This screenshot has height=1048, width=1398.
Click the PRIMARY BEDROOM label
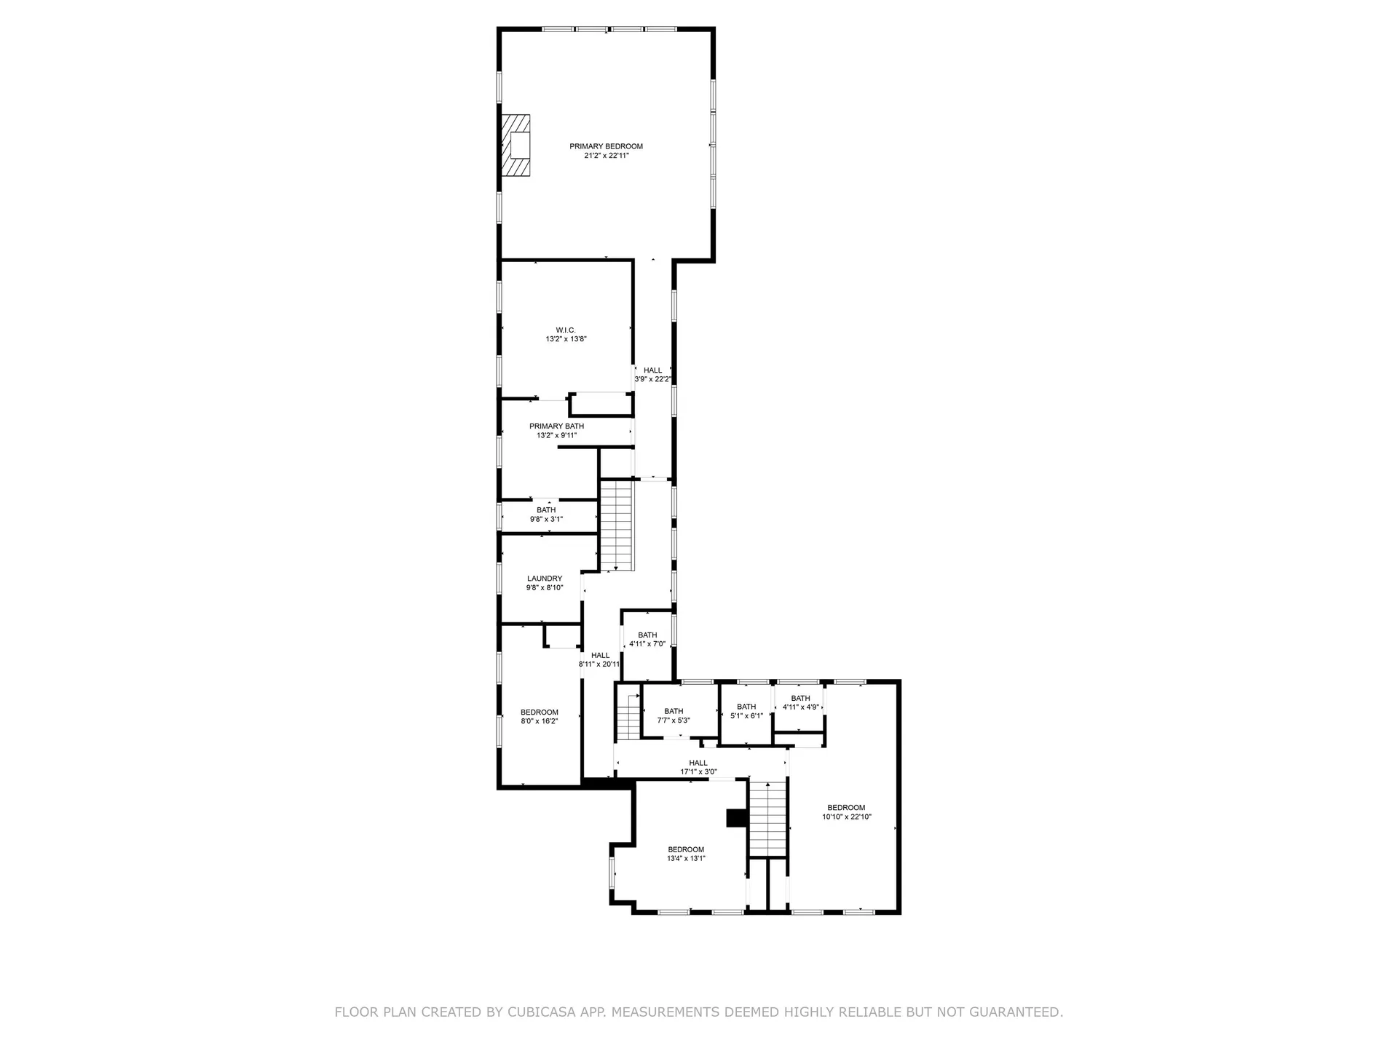pyautogui.click(x=606, y=146)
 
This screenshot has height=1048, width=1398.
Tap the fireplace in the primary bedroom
pyautogui.click(x=516, y=145)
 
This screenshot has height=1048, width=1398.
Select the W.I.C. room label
pyautogui.click(x=566, y=330)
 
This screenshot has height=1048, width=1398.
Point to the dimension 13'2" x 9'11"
pyautogui.click(x=556, y=435)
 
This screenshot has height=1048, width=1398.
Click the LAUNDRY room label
pyautogui.click(x=545, y=579)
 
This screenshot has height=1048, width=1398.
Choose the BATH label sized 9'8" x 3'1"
pyautogui.click(x=546, y=510)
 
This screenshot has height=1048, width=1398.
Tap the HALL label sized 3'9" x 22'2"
pyautogui.click(x=652, y=370)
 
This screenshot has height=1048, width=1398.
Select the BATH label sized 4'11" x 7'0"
pyautogui.click(x=647, y=635)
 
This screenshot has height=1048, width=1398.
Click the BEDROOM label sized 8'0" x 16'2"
pyautogui.click(x=539, y=712)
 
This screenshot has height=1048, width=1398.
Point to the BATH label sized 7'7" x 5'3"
pyautogui.click(x=674, y=711)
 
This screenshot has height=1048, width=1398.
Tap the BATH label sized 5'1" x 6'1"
pyautogui.click(x=746, y=707)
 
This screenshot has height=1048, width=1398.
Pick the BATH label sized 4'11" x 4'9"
pyautogui.click(x=800, y=698)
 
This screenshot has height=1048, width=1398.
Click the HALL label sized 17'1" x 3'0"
pyautogui.click(x=698, y=763)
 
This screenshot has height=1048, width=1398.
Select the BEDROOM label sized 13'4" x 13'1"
pyautogui.click(x=686, y=849)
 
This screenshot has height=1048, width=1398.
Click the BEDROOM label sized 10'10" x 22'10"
pyautogui.click(x=846, y=807)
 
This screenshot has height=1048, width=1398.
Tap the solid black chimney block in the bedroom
pyautogui.click(x=736, y=818)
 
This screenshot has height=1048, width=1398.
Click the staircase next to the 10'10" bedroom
pyautogui.click(x=769, y=818)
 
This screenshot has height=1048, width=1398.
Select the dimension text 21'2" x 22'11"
pyautogui.click(x=606, y=156)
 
